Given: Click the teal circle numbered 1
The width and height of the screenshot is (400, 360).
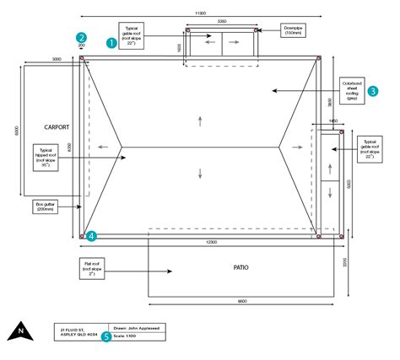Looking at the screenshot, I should click(x=111, y=40).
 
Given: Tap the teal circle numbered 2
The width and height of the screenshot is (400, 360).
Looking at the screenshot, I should click(x=81, y=37).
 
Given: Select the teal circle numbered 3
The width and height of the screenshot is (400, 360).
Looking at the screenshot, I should click(x=372, y=90).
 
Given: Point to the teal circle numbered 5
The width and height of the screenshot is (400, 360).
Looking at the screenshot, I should click(x=106, y=336).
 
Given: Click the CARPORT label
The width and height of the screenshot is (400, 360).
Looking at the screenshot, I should click(x=56, y=127).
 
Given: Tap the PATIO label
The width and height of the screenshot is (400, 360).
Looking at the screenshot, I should click(x=241, y=267).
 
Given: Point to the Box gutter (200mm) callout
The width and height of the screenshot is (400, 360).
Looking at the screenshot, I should click(x=50, y=205).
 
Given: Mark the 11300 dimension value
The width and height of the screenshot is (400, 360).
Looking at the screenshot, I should click(x=200, y=13).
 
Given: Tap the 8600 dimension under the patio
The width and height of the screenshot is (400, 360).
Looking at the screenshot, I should click(x=242, y=302).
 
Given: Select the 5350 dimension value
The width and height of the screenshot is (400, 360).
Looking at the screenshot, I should click(x=221, y=20).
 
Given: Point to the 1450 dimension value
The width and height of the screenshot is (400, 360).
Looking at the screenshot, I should click(x=332, y=122).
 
